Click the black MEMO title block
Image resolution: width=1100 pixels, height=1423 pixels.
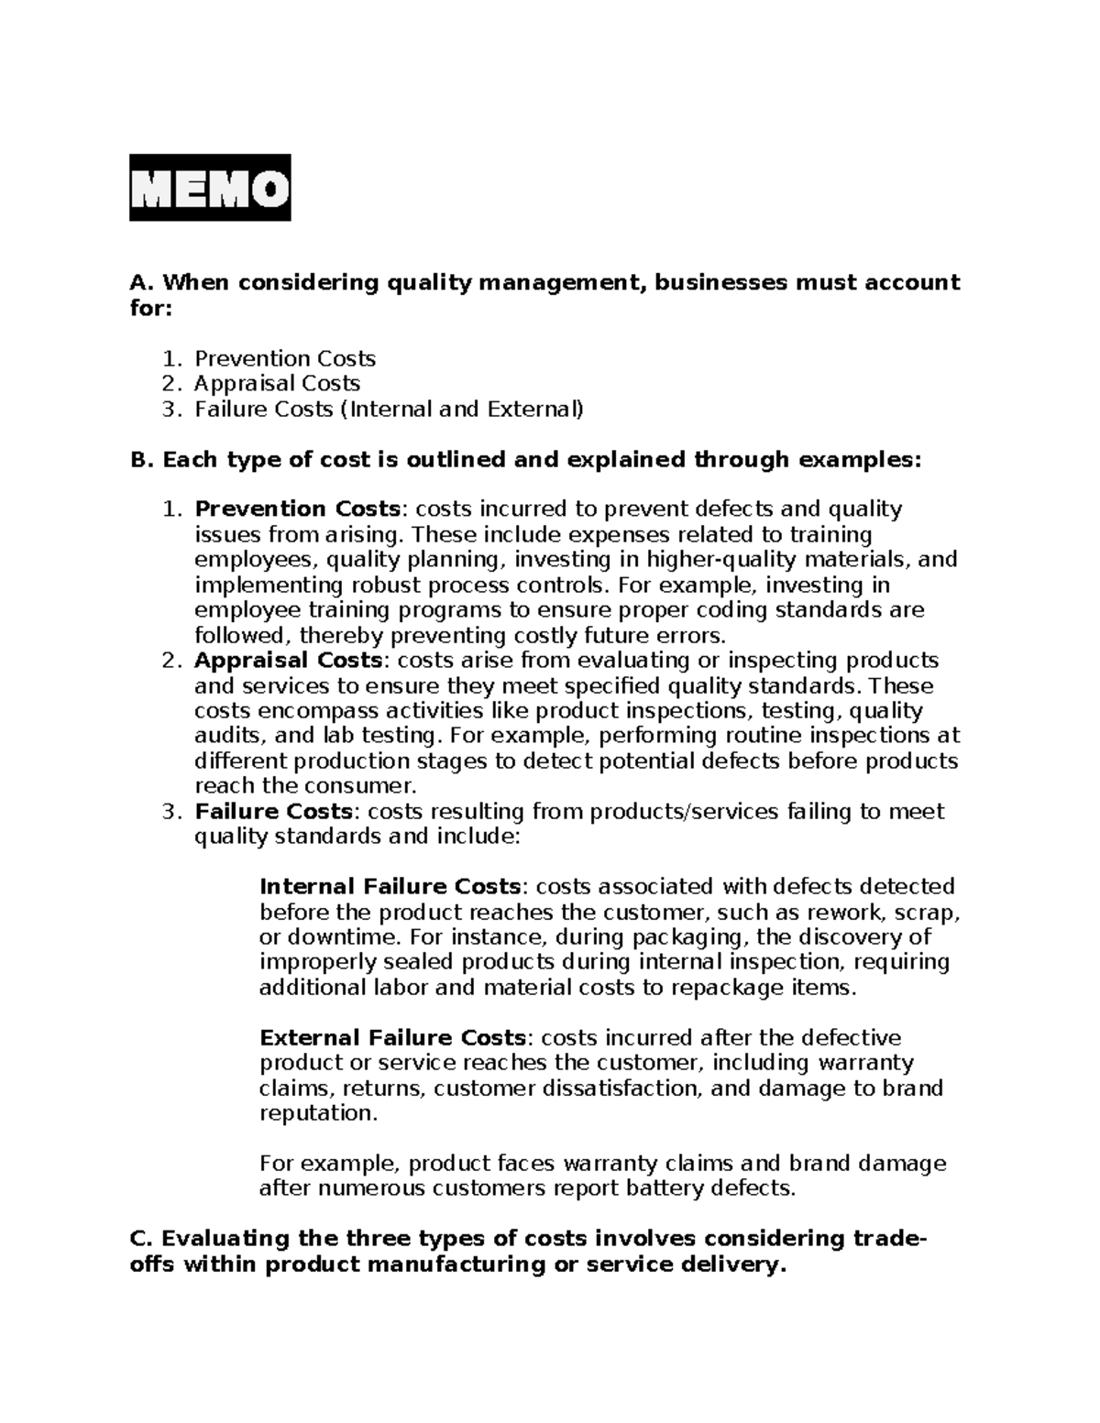(210, 188)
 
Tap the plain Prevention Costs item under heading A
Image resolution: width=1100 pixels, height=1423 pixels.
(285, 358)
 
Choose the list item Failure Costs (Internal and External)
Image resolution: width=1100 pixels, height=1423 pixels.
(389, 409)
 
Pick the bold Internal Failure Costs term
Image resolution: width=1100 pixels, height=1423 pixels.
(390, 886)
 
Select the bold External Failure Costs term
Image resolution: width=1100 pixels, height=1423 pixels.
(393, 1037)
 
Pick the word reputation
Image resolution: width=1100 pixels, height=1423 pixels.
(317, 1113)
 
